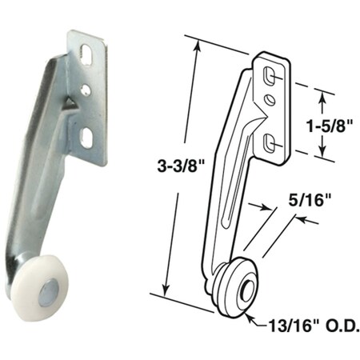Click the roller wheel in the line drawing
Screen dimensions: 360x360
[x=239, y=286]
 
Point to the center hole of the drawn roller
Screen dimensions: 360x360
[x=246, y=288]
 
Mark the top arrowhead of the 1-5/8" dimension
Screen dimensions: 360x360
[x=322, y=94]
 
